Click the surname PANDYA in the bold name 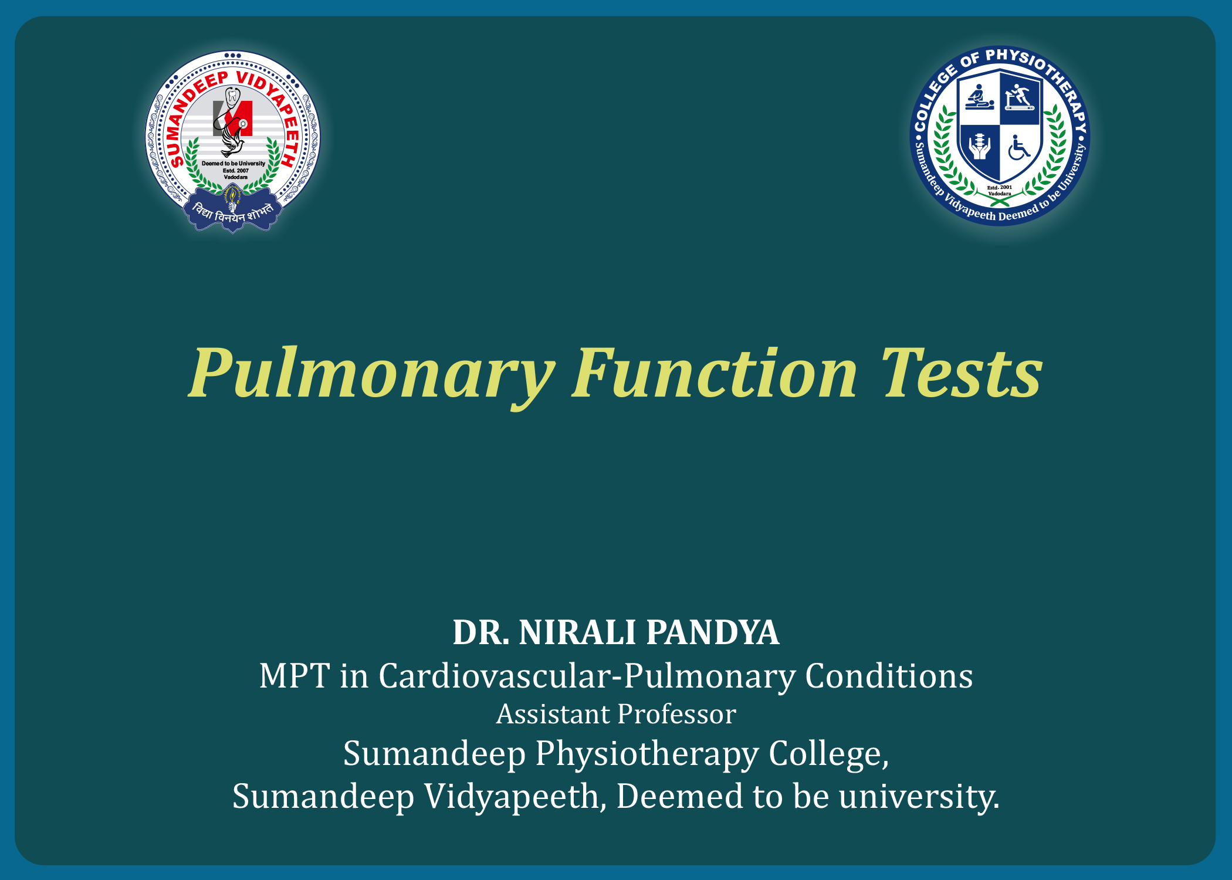713,632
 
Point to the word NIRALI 577,632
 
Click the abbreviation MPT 295,676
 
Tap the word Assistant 553,715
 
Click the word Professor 676,715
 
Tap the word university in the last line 919,797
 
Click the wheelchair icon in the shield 1019,148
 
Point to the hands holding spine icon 979,147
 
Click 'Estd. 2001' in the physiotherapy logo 1000,187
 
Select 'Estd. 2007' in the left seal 236,171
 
